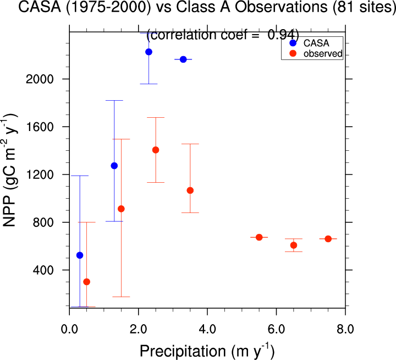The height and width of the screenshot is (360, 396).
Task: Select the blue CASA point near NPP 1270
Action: [x=114, y=166]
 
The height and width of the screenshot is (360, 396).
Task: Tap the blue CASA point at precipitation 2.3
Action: [x=148, y=52]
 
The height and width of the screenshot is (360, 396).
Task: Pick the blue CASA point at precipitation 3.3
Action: [x=183, y=59]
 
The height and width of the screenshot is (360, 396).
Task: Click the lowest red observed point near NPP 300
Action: [x=86, y=282]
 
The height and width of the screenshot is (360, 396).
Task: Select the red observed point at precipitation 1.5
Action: [x=121, y=209]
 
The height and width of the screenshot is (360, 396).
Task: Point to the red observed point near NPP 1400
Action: [x=156, y=150]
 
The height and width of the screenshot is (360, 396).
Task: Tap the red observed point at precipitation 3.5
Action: [x=190, y=190]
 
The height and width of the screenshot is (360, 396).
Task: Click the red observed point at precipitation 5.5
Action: [x=259, y=237]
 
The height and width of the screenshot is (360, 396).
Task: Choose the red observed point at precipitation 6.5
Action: [x=294, y=245]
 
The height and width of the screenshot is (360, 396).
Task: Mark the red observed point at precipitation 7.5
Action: [x=328, y=239]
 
